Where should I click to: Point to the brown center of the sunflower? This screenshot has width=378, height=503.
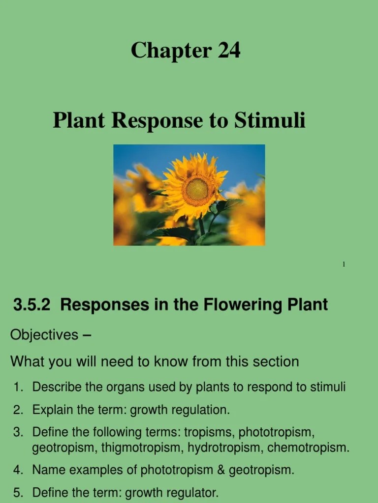(x=197, y=189)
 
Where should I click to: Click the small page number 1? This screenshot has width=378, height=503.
(x=344, y=265)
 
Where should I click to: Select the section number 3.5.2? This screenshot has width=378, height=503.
(x=32, y=305)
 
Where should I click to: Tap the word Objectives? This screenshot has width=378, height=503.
(x=44, y=335)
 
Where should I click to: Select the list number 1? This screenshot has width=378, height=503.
(x=18, y=387)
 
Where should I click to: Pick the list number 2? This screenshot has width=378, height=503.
(x=18, y=410)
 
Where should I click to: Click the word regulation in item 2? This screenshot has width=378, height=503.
(x=203, y=410)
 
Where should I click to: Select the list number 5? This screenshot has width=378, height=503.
(x=18, y=492)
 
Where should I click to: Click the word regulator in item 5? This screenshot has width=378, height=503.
(x=194, y=492)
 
